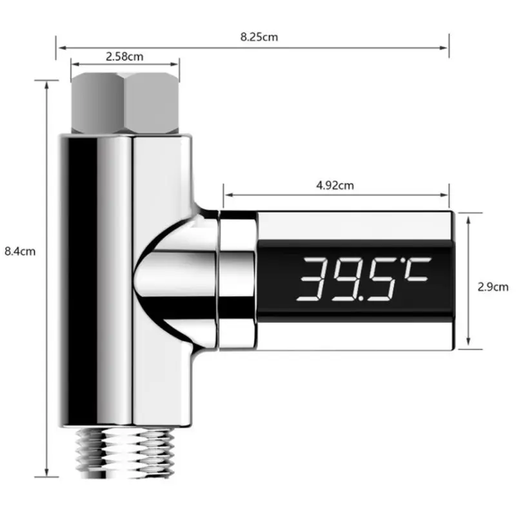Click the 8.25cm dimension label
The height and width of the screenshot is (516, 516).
coord(259,37)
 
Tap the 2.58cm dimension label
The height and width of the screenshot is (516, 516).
coord(124,57)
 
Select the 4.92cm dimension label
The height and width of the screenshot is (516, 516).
coord(335,185)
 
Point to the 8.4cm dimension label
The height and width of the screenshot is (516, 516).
coord(19,252)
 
